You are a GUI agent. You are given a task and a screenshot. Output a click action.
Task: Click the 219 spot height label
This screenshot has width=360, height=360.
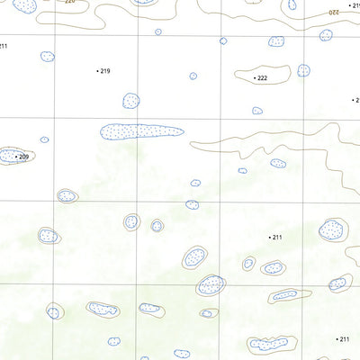(x=105, y=70)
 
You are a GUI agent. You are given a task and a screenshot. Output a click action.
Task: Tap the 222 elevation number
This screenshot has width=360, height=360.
(x=262, y=78)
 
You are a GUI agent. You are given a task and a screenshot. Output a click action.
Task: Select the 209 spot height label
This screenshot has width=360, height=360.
(x=23, y=157)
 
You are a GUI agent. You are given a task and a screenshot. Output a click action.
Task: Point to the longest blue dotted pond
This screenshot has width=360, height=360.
(x=141, y=131)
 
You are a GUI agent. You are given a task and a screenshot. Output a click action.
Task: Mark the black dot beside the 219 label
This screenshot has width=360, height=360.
(x=97, y=70)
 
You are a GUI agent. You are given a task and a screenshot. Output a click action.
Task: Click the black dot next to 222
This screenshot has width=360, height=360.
(x=254, y=78)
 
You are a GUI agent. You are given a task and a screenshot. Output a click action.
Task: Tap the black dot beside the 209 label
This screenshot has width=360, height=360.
(x=16, y=157)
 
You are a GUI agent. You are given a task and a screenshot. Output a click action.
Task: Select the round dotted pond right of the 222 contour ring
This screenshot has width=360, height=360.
(x=304, y=70)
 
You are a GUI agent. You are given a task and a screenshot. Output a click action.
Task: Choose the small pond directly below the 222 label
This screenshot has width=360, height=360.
(x=257, y=111)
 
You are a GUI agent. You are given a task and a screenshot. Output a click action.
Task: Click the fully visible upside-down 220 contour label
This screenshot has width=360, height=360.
(x=333, y=12)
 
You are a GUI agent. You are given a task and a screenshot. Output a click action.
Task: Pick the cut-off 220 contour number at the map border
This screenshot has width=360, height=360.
(x=70, y=2)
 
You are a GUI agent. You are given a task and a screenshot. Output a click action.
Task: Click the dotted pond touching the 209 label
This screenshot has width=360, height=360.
(x=10, y=156)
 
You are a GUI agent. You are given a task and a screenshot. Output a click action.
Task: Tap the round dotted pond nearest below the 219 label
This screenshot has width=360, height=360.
(x=130, y=101)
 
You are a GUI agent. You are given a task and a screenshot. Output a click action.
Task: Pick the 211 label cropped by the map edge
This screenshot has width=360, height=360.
(x=3, y=45)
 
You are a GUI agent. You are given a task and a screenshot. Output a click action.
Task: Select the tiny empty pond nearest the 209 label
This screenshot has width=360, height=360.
(x=43, y=139)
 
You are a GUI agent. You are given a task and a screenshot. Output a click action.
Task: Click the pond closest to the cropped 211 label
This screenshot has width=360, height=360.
(x=48, y=56)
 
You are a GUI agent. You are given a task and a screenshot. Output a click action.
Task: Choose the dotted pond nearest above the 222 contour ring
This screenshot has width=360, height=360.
(x=275, y=41)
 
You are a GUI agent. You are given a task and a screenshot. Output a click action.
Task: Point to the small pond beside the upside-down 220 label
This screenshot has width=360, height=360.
(x=292, y=4)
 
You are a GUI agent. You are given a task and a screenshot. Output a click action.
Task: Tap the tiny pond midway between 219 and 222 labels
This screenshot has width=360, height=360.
(x=193, y=76)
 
